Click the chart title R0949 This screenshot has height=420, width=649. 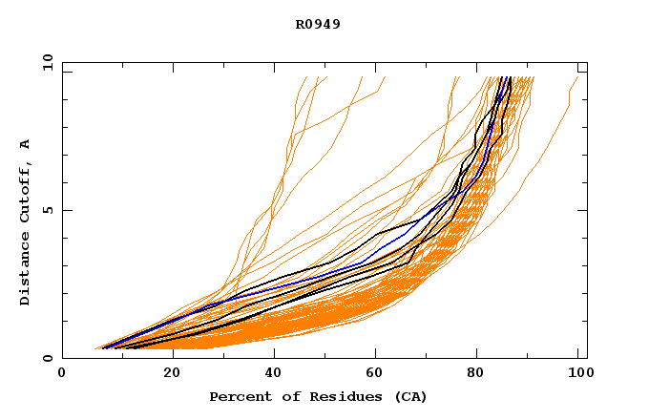[x=318, y=24]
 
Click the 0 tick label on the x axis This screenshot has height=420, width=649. [x=62, y=373]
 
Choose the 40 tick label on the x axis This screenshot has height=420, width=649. [x=274, y=373]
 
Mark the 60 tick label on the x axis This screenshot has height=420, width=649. [x=377, y=373]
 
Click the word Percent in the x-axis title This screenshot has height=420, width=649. [x=239, y=396]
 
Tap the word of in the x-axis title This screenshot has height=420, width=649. [x=286, y=396]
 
